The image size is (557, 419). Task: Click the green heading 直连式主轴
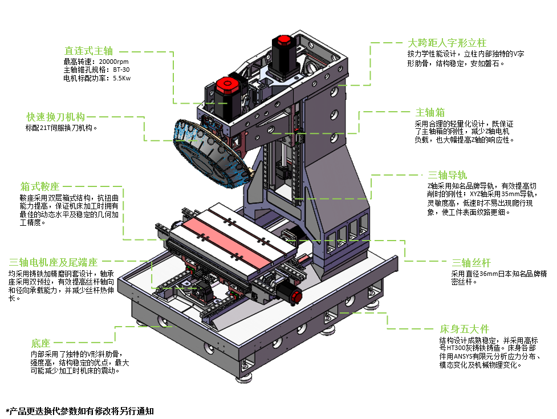click(88, 51)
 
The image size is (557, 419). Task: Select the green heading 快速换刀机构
click(55, 117)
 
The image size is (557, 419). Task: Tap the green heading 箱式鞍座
click(40, 186)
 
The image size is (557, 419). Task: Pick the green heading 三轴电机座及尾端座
click(53, 262)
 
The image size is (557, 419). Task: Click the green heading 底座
click(40, 343)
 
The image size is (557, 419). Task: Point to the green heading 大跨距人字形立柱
click(447, 43)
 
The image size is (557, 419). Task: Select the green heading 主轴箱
click(430, 112)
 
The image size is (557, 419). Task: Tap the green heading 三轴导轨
click(447, 175)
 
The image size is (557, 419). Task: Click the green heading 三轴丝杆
click(471, 263)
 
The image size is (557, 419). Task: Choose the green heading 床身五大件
click(464, 329)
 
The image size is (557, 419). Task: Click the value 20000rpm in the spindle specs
click(113, 62)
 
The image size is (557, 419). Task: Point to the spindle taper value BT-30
click(121, 70)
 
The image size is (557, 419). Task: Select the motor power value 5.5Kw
click(122, 79)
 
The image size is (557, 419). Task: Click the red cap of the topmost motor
click(284, 40)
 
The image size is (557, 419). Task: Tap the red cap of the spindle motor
click(227, 85)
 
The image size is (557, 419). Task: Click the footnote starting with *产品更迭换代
click(80, 411)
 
